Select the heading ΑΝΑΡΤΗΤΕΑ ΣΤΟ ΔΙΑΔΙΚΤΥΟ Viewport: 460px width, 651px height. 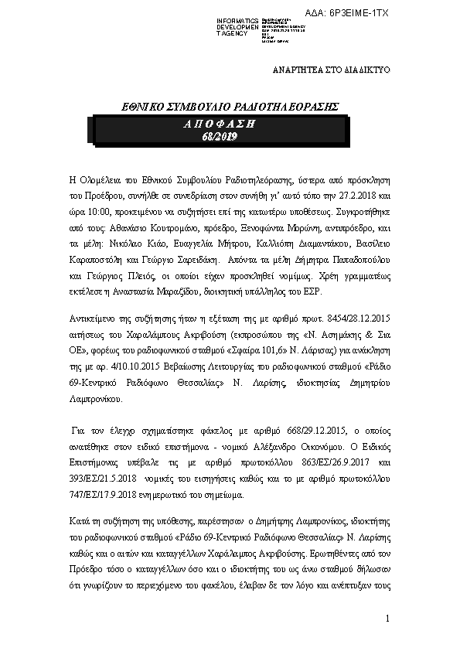point(332,70)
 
